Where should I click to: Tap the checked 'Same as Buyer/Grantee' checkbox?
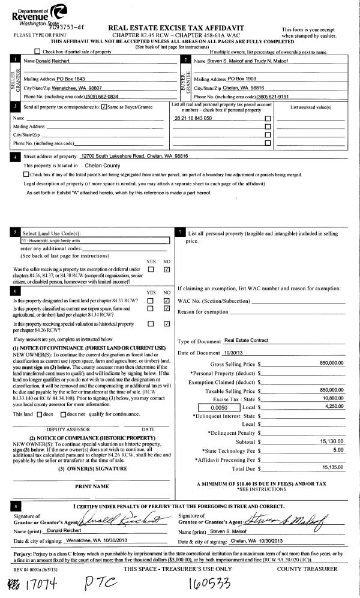click(x=105, y=107)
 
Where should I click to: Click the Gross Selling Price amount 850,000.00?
click(x=332, y=363)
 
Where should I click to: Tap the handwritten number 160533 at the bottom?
click(x=213, y=582)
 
